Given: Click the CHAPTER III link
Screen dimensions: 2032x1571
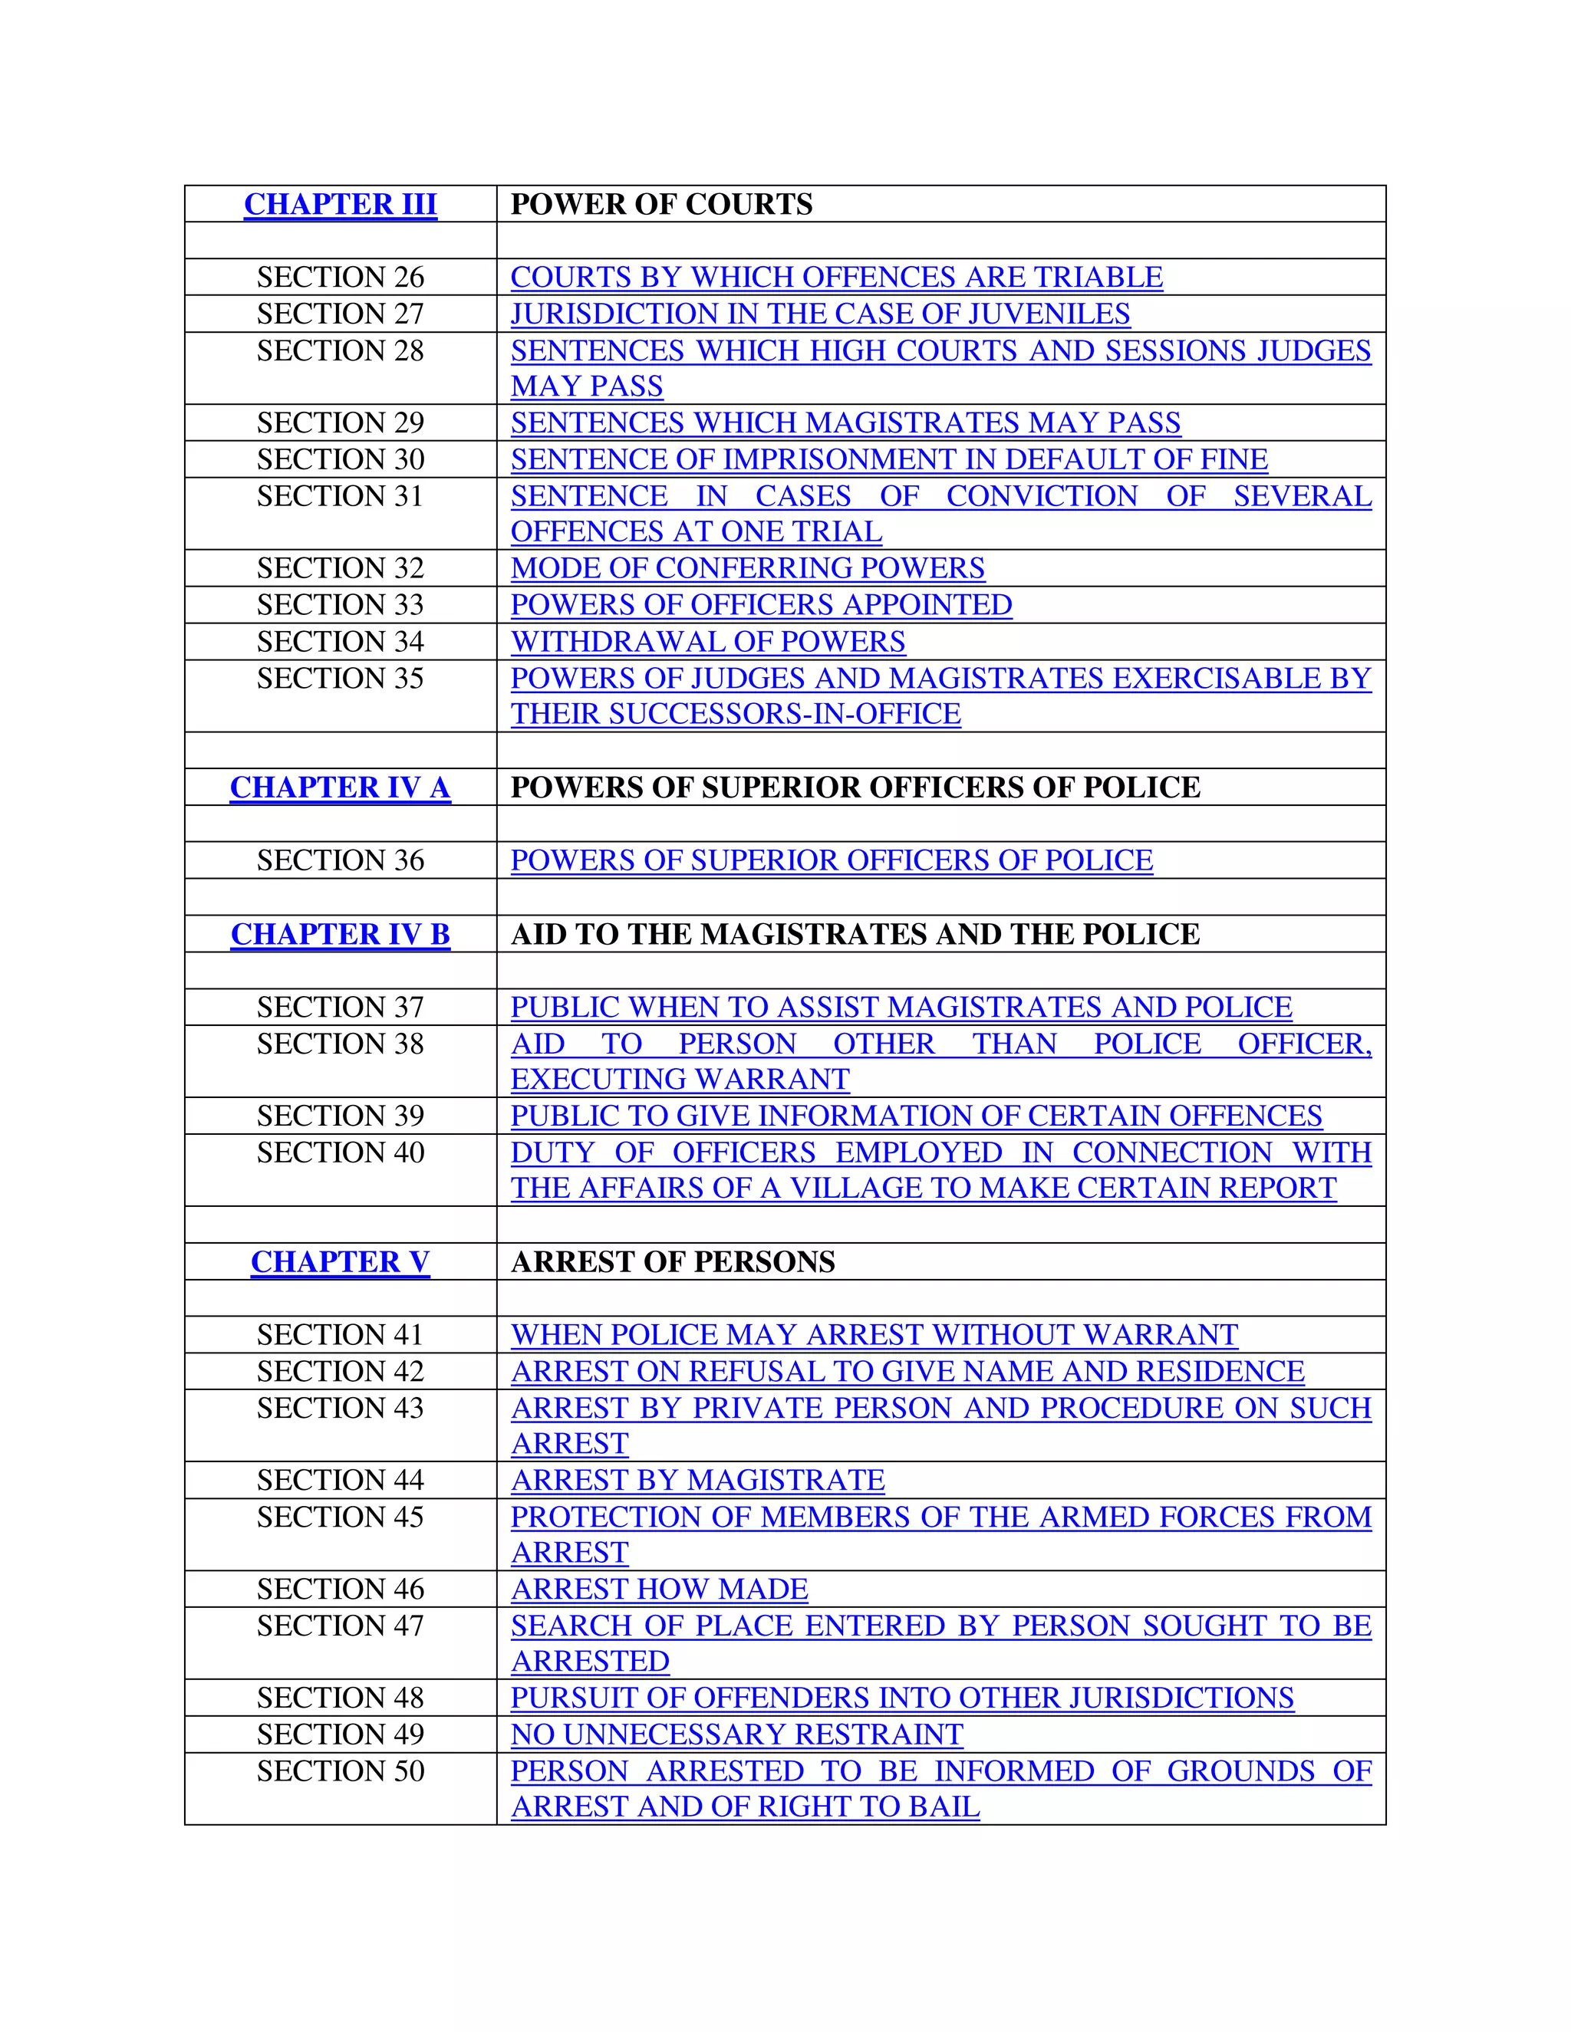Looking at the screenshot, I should coord(340,204).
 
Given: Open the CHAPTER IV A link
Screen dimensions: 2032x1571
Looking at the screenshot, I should coord(340,787).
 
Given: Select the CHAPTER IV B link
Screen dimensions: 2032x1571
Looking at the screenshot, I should coord(340,934).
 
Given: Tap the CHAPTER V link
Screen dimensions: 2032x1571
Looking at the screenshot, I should coord(340,1261).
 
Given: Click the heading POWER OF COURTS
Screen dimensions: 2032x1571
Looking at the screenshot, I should coord(662,204).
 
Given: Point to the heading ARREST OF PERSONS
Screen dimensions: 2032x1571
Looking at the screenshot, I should coord(673,1261).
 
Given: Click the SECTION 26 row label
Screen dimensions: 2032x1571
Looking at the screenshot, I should coord(340,278).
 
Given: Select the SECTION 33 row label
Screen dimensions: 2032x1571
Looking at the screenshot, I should coord(340,605).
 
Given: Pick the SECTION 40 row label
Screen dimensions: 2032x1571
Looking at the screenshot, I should coord(340,1152).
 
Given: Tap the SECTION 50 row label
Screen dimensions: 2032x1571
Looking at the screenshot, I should coord(340,1771).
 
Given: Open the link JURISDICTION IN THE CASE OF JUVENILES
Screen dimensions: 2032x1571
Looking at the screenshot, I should coord(820,314).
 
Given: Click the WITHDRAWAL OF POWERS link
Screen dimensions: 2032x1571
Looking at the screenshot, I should coord(707,642).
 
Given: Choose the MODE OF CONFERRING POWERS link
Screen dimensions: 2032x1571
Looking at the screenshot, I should coord(747,568).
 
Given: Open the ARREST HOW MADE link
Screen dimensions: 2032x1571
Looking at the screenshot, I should coord(659,1589).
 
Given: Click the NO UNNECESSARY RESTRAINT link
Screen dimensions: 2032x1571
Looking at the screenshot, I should coord(736,1735).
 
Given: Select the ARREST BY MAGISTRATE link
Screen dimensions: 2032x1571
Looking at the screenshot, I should coord(697,1480).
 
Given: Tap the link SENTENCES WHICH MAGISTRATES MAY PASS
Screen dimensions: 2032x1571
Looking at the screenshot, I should coord(845,423).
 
